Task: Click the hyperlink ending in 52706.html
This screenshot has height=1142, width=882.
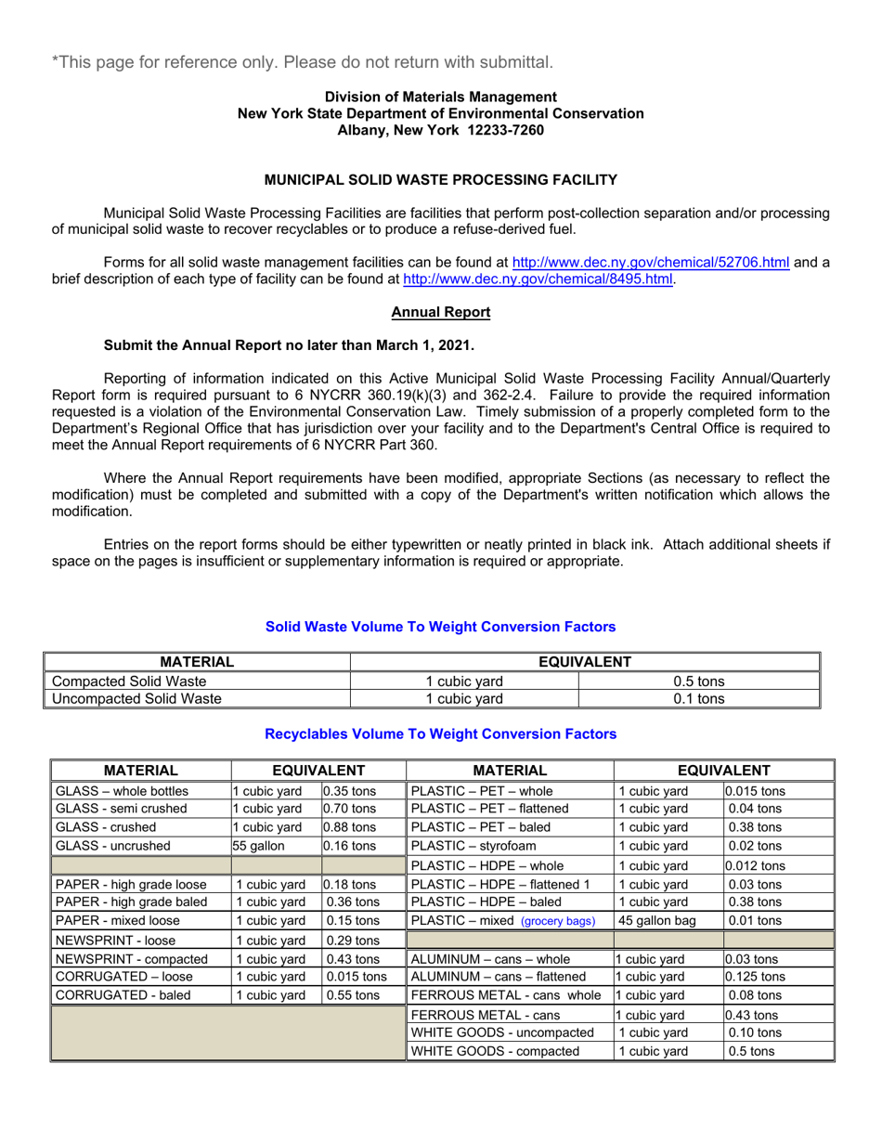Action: point(651,263)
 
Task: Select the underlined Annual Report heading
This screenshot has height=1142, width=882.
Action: point(440,313)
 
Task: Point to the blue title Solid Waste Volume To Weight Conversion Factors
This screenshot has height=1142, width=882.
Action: point(440,628)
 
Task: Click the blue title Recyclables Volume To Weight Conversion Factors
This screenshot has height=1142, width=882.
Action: point(440,733)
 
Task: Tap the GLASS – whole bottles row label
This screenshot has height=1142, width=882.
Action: point(123,792)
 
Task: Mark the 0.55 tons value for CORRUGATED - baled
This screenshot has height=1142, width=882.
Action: point(352,993)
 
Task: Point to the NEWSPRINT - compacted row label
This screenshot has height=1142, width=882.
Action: point(131,958)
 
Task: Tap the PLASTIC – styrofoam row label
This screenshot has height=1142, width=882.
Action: point(473,846)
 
